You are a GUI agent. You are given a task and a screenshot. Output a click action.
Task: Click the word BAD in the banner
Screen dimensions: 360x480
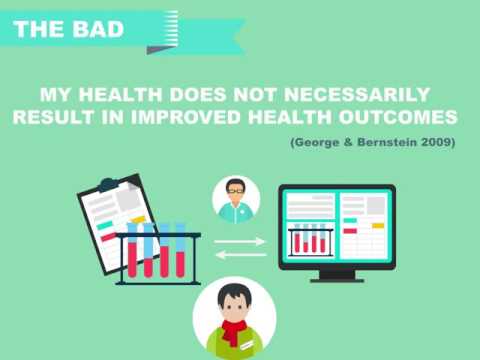point(101,28)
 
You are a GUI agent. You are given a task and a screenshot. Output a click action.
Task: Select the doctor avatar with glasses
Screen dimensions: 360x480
point(236,198)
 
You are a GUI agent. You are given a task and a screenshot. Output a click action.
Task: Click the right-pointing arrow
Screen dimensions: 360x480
point(241,240)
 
